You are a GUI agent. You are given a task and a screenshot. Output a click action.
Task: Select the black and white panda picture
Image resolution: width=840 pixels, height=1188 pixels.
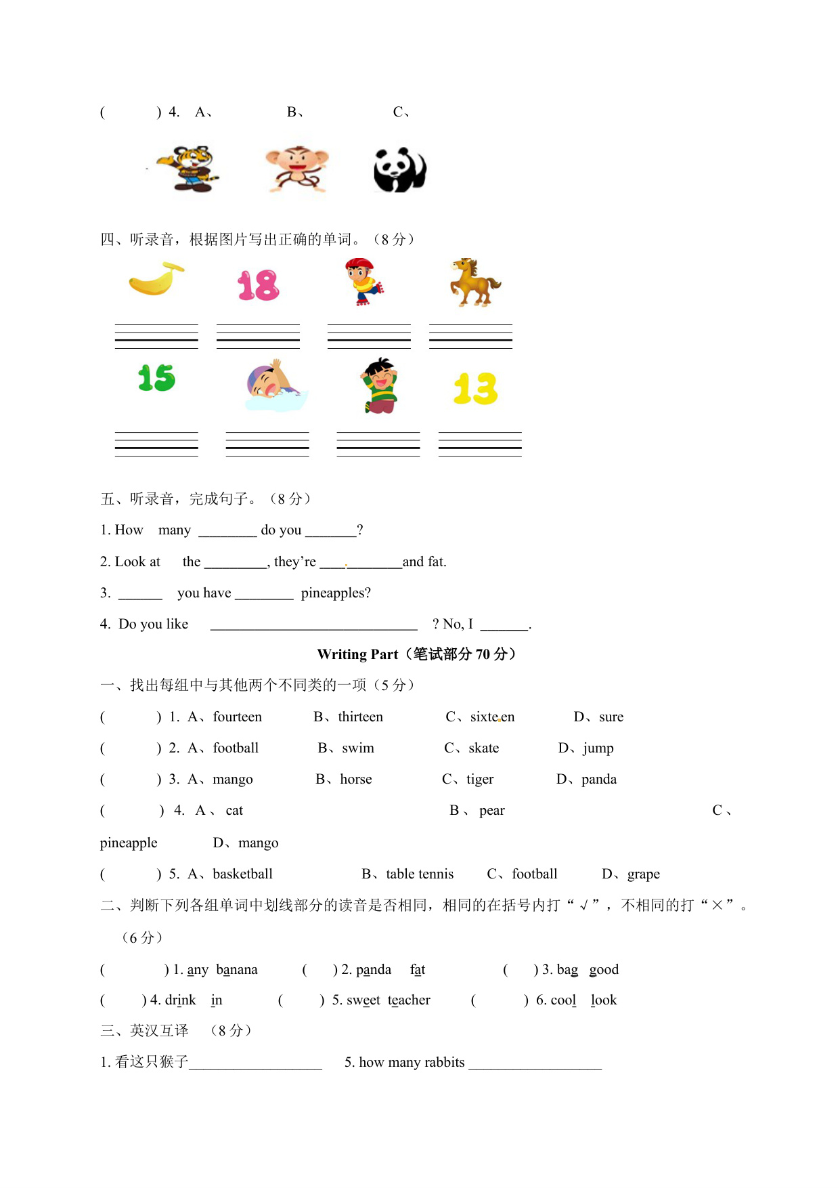[x=399, y=170]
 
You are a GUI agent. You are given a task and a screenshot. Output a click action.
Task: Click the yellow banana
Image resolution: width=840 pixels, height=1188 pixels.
[x=156, y=279]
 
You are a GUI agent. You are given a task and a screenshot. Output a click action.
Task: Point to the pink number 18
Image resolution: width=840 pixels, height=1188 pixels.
[x=258, y=285]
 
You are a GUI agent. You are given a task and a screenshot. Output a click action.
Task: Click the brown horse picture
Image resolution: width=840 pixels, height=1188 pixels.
[x=475, y=282]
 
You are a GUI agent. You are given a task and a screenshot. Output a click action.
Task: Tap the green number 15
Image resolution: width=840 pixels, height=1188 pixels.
[x=156, y=378]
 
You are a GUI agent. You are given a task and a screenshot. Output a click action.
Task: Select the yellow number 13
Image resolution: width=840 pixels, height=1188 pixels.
[x=475, y=389]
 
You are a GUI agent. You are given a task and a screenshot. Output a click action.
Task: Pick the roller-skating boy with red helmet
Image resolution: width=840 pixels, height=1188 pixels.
[x=363, y=282]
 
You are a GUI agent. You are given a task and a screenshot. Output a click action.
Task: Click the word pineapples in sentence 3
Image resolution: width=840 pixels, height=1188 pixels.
[x=336, y=593]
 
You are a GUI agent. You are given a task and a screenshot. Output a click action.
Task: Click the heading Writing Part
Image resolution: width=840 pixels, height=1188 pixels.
[x=357, y=654]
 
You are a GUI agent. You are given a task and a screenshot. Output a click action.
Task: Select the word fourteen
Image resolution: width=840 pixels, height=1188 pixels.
[x=237, y=717]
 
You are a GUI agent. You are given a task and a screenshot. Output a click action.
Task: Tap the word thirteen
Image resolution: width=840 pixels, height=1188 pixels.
[x=360, y=717]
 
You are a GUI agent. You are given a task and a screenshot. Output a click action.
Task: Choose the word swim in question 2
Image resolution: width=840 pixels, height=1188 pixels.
[x=358, y=748]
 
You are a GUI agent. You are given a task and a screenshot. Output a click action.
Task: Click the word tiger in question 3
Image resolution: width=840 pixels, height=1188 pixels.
[x=480, y=779]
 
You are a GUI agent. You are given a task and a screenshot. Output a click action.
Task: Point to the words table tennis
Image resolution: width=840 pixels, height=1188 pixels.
[x=420, y=874]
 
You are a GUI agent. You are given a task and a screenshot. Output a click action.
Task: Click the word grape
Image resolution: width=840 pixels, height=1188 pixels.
[x=643, y=874]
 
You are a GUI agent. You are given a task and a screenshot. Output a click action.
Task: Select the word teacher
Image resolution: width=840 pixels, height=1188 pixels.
[x=409, y=1000]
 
